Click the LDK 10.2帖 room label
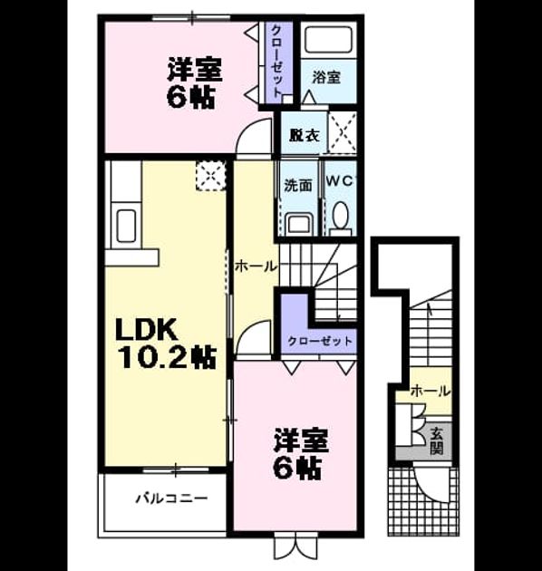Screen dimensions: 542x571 pyautogui.click(x=166, y=344)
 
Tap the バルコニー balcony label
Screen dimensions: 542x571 pyautogui.click(x=171, y=498)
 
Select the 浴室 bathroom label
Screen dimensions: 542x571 pyautogui.click(x=326, y=77)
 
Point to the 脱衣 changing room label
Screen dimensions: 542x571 pyautogui.click(x=305, y=135)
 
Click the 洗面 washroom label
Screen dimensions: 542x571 pyautogui.click(x=298, y=186)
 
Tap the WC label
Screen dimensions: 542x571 pyautogui.click(x=339, y=181)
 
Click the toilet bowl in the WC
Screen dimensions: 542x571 pyautogui.click(x=341, y=215)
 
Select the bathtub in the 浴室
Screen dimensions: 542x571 pyautogui.click(x=328, y=40)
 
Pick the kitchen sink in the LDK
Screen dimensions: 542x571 pyautogui.click(x=126, y=226)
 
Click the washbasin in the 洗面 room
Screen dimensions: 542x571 pyautogui.click(x=299, y=225)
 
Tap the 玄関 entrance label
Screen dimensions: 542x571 pyautogui.click(x=436, y=441)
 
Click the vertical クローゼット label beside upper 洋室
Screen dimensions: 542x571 pyautogui.click(x=277, y=60)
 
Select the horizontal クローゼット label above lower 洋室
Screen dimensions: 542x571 pyautogui.click(x=320, y=341)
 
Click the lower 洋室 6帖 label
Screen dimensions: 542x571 pyautogui.click(x=302, y=454)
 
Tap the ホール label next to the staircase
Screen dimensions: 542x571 pyautogui.click(x=256, y=266)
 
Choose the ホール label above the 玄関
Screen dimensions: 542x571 pyautogui.click(x=431, y=392)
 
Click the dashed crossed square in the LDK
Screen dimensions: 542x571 pyautogui.click(x=210, y=176)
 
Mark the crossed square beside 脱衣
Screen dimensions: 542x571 pyautogui.click(x=343, y=131)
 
